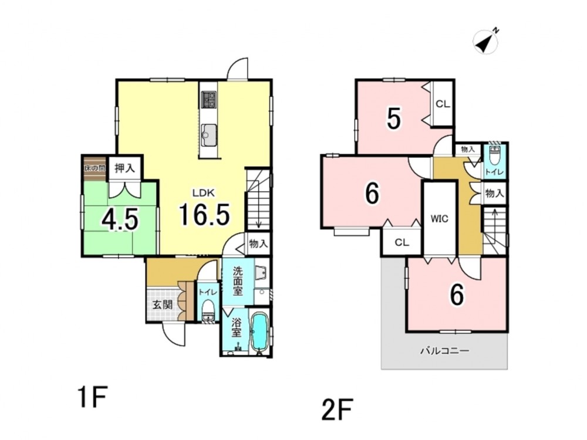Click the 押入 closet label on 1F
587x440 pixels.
tap(124, 168)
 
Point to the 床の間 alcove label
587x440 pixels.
tap(95, 168)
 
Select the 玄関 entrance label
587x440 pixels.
tap(162, 304)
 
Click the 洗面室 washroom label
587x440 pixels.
tap(237, 280)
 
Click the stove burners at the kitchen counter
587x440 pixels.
tap(208, 100)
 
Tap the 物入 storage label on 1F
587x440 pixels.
tap(258, 244)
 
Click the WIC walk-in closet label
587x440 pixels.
tap(440, 218)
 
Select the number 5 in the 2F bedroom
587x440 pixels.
tap(394, 119)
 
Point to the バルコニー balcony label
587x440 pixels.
tap(444, 351)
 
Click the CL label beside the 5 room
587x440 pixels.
tap(443, 104)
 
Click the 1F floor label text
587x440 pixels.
tap(93, 397)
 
